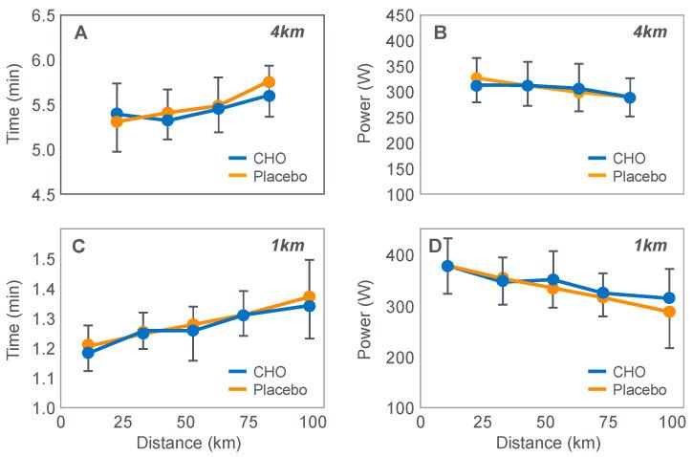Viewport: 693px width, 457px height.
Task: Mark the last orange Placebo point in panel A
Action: (270, 82)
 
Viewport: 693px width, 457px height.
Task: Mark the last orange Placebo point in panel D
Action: (669, 312)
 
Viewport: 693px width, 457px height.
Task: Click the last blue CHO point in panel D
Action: (669, 298)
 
